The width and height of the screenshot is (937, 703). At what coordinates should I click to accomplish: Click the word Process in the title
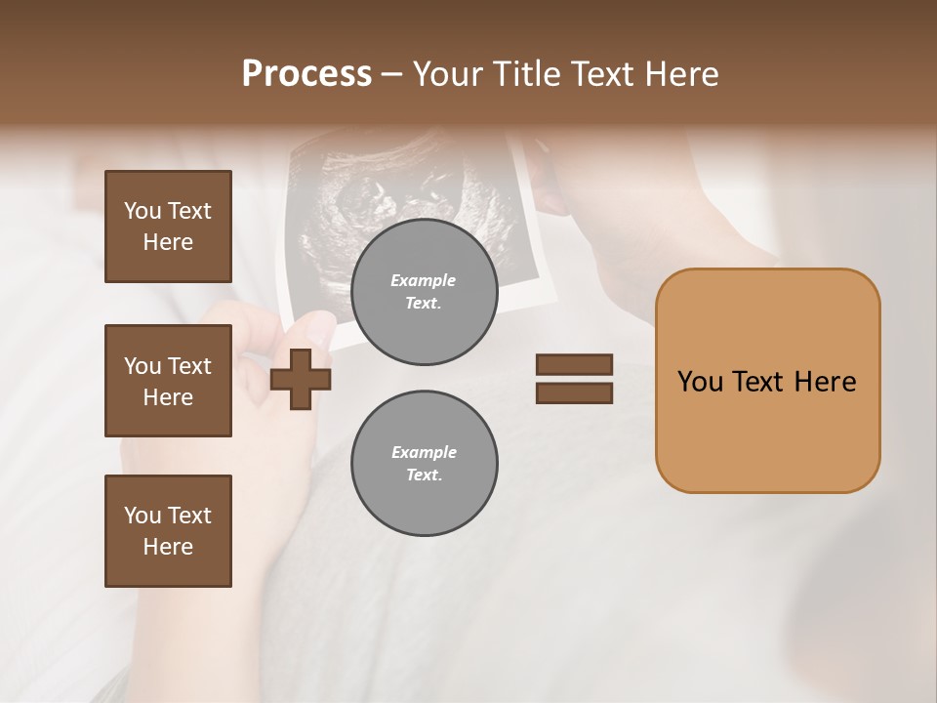(306, 74)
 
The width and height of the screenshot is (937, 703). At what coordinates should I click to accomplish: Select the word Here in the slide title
(679, 74)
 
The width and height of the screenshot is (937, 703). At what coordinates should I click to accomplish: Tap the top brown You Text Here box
(168, 227)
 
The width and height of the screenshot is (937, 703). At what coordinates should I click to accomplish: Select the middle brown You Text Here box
(168, 381)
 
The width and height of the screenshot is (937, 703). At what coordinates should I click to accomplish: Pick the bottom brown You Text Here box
(168, 531)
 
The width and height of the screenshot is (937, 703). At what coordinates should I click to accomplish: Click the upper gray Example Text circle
(425, 291)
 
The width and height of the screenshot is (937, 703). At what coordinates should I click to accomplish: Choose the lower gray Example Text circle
(425, 463)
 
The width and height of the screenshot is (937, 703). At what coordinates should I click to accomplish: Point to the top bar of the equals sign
(574, 365)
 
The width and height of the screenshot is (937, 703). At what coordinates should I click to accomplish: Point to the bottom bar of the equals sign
(574, 393)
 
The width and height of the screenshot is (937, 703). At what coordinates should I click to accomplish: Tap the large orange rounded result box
(767, 430)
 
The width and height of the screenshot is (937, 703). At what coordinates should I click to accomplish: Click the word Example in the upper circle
(424, 280)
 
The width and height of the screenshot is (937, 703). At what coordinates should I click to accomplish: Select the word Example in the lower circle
(424, 452)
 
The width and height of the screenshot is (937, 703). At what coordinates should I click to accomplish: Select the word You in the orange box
(700, 382)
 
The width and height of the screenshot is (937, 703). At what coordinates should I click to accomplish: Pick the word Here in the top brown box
(168, 242)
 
